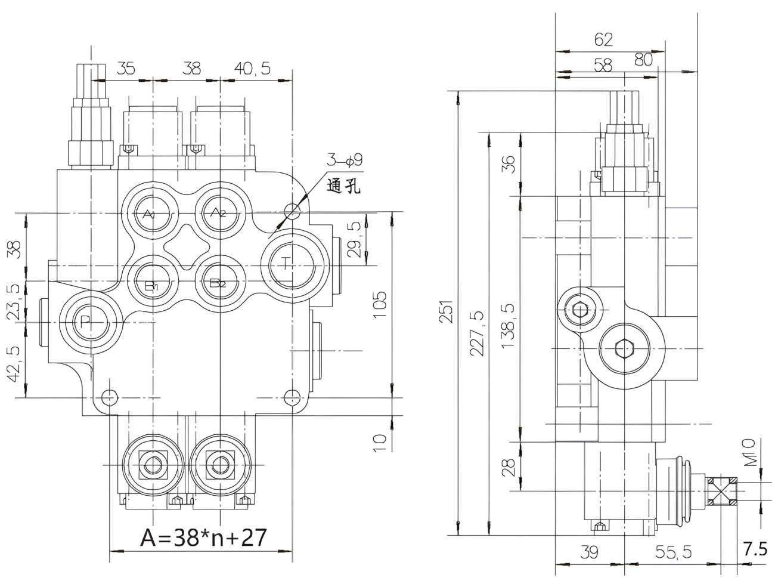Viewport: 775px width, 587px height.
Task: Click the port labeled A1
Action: pos(153,213)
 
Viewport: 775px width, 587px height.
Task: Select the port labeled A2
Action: pos(220,212)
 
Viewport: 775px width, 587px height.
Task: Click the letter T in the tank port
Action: pos(286,263)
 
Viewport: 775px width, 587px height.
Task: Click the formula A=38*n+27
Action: pos(203,537)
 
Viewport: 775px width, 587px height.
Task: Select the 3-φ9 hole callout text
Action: pos(344,160)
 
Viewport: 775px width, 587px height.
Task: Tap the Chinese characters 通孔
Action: pos(343,186)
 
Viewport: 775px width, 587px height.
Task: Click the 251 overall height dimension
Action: pos(445,311)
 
